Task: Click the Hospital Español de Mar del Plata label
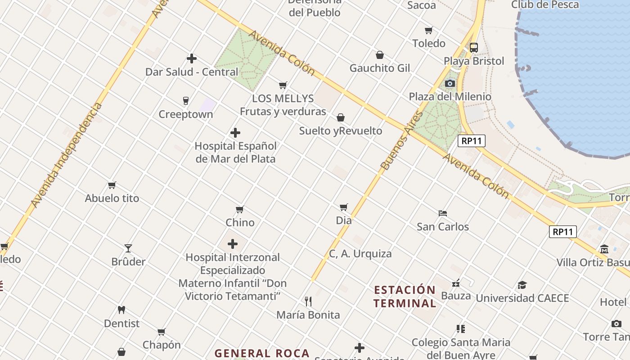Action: (x=235, y=153)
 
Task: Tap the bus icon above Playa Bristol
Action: (x=474, y=47)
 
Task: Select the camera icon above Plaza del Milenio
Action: (x=450, y=83)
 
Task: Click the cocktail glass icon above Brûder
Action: (x=128, y=248)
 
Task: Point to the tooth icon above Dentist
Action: (x=121, y=310)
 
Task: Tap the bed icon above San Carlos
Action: (x=443, y=213)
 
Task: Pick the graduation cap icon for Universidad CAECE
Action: (x=522, y=285)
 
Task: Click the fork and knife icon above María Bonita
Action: (x=308, y=301)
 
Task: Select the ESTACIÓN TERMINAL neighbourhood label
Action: (x=405, y=297)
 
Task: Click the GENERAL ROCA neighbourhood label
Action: (x=262, y=353)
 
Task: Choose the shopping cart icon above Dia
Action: (x=344, y=207)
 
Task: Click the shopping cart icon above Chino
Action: (x=240, y=209)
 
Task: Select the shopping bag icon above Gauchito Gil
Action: (x=380, y=55)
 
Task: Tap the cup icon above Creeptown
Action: (x=185, y=100)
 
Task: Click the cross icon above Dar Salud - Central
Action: (x=192, y=58)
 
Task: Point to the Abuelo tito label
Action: (x=112, y=198)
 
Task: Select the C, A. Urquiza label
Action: (x=360, y=254)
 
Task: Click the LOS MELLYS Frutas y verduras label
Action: (x=283, y=105)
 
